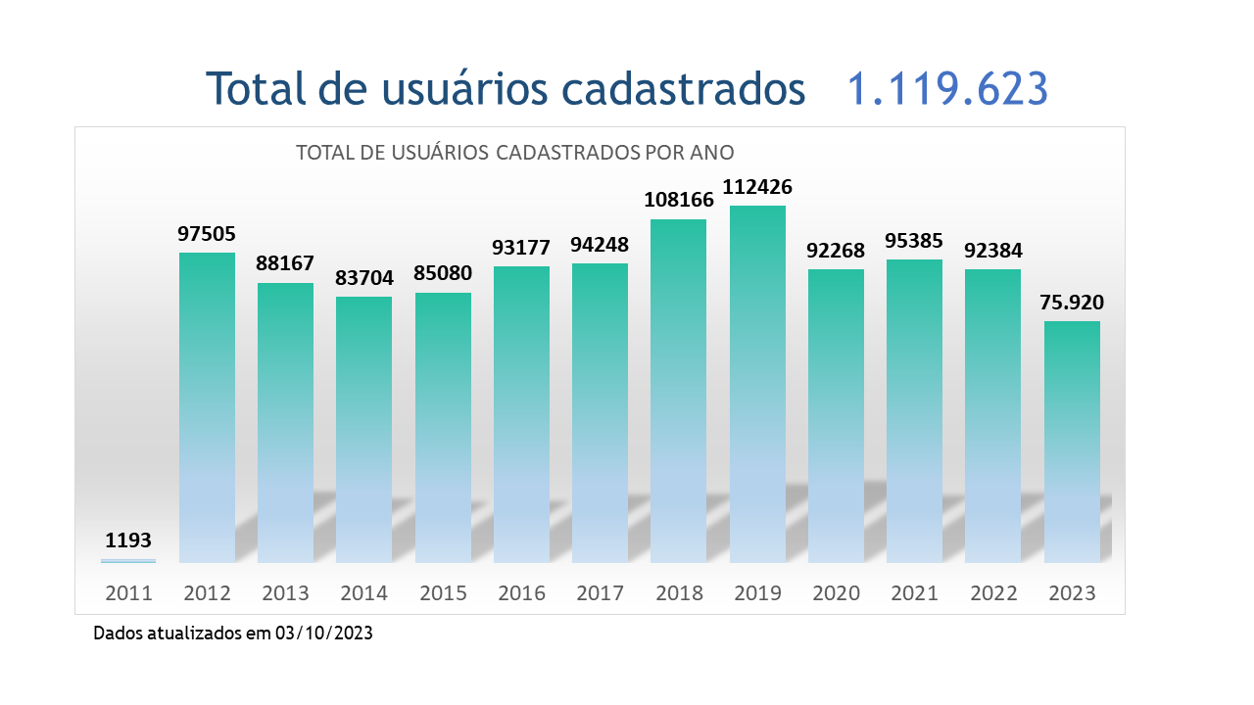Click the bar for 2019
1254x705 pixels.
click(757, 384)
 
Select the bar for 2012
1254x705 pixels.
click(207, 407)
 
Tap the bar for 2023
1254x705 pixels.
click(1072, 442)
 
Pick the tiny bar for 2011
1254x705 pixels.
click(128, 561)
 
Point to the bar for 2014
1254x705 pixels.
click(363, 429)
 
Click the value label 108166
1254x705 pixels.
click(679, 200)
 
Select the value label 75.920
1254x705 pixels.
click(1072, 302)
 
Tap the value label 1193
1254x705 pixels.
click(128, 540)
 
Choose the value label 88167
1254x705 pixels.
click(285, 264)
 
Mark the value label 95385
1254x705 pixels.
click(914, 240)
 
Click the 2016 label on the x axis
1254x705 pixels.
click(521, 593)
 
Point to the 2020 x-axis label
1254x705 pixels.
click(836, 593)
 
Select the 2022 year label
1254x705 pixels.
click(992, 593)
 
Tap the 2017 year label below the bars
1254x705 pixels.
click(600, 593)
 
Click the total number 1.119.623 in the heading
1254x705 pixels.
click(947, 88)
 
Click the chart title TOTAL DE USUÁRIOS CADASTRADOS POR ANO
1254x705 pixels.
click(514, 153)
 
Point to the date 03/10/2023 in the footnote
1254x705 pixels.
click(323, 634)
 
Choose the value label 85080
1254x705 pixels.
click(443, 274)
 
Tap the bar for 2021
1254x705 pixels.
click(914, 411)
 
